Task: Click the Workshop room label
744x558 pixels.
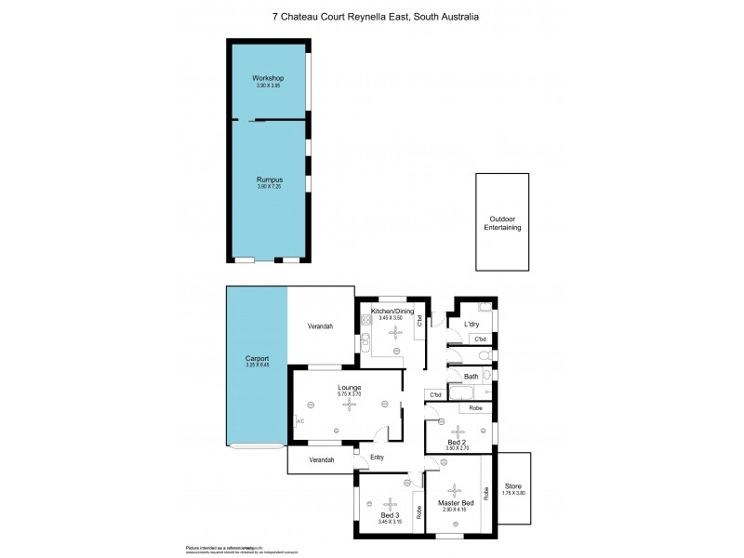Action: point(268,78)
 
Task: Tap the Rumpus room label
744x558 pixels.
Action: point(270,179)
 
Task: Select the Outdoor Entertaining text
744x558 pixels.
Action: point(503,223)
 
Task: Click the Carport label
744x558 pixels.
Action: point(257,359)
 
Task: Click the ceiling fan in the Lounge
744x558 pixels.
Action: point(350,404)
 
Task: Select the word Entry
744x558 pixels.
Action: point(377,457)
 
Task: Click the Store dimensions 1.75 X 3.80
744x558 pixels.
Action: point(514,493)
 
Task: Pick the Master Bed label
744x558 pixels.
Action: point(456,503)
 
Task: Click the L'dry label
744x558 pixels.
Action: point(471,324)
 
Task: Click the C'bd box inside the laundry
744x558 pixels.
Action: point(481,339)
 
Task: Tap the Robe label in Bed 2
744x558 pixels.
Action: point(474,409)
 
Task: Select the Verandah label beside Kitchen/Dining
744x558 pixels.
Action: point(321,326)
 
